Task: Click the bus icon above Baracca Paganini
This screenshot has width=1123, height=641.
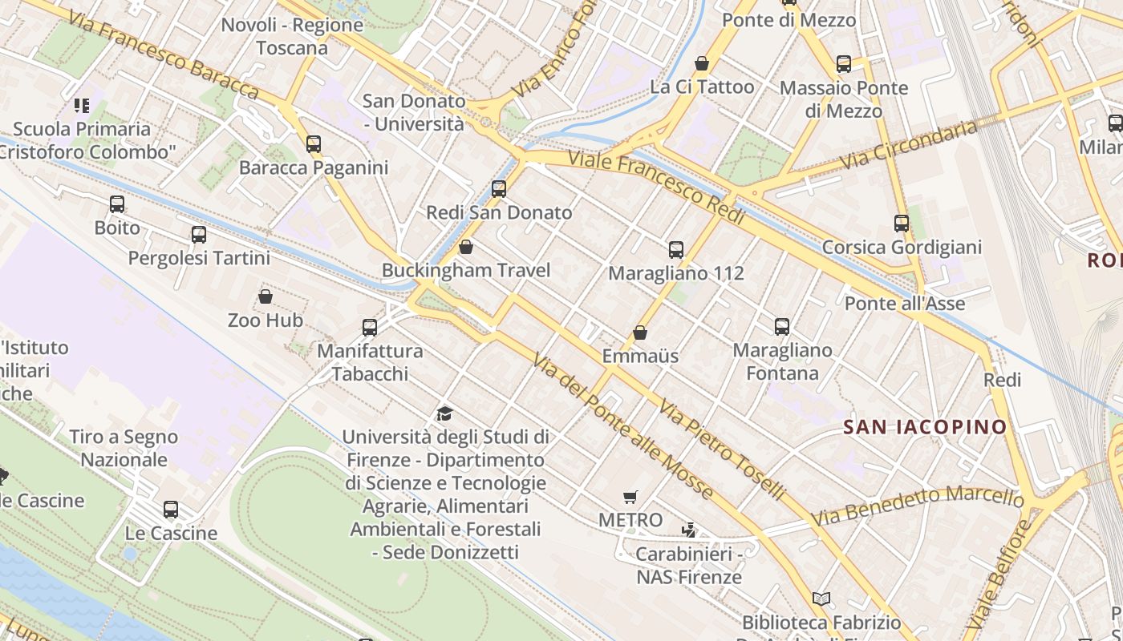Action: tap(314, 144)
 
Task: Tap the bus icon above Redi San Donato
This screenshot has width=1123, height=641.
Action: tap(499, 189)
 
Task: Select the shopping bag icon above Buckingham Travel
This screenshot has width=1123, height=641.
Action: tap(466, 247)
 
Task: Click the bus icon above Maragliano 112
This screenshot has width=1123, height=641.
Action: tap(676, 250)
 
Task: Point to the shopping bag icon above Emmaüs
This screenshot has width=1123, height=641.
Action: tap(640, 333)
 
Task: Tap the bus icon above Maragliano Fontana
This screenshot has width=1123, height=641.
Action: tap(782, 327)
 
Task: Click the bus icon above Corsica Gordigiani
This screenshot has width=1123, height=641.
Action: tap(902, 224)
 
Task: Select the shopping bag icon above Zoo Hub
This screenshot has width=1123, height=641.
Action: tap(266, 297)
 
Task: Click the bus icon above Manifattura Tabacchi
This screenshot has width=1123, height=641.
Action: tap(370, 328)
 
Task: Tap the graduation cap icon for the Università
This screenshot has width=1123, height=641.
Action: tap(444, 413)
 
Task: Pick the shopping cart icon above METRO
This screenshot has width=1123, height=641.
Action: tap(630, 498)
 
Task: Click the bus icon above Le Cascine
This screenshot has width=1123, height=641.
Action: tap(171, 510)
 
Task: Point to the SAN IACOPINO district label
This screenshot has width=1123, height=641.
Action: tap(925, 427)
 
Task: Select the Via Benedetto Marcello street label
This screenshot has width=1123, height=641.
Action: tap(918, 506)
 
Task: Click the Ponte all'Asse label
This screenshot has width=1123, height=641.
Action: tap(905, 304)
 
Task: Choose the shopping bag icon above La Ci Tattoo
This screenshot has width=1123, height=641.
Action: tap(702, 63)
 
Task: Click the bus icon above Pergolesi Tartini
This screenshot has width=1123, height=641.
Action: tap(199, 235)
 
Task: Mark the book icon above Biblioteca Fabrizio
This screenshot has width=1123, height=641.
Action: tap(821, 599)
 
